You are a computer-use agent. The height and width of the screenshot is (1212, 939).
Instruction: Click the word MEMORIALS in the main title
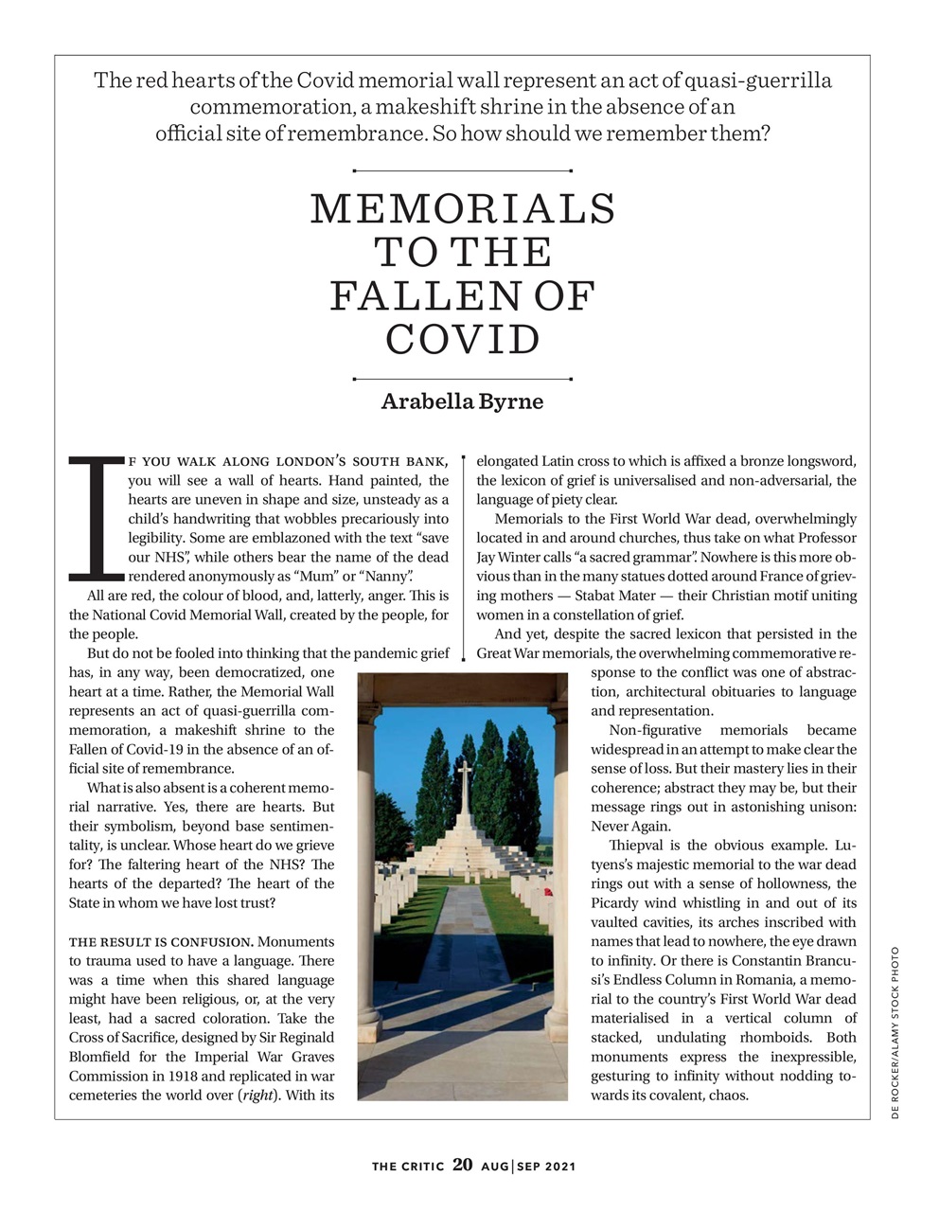coord(463,209)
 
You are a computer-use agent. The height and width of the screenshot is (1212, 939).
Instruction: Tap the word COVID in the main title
coord(463,340)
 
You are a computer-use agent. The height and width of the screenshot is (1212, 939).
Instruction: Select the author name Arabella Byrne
coord(462,401)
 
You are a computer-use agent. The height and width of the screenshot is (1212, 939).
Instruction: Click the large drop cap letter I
coord(97,517)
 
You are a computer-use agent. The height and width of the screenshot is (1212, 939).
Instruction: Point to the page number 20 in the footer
coord(462,1165)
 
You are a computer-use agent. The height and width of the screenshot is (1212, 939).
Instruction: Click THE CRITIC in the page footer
coord(407,1167)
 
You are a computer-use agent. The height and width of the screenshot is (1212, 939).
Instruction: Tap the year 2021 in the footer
coord(558,1167)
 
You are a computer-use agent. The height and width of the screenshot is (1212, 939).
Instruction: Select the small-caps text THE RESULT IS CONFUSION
coord(161,942)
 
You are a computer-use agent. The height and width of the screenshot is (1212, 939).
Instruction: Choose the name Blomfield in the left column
coord(101,1058)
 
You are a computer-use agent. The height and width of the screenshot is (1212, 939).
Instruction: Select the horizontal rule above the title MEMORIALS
coord(462,171)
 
